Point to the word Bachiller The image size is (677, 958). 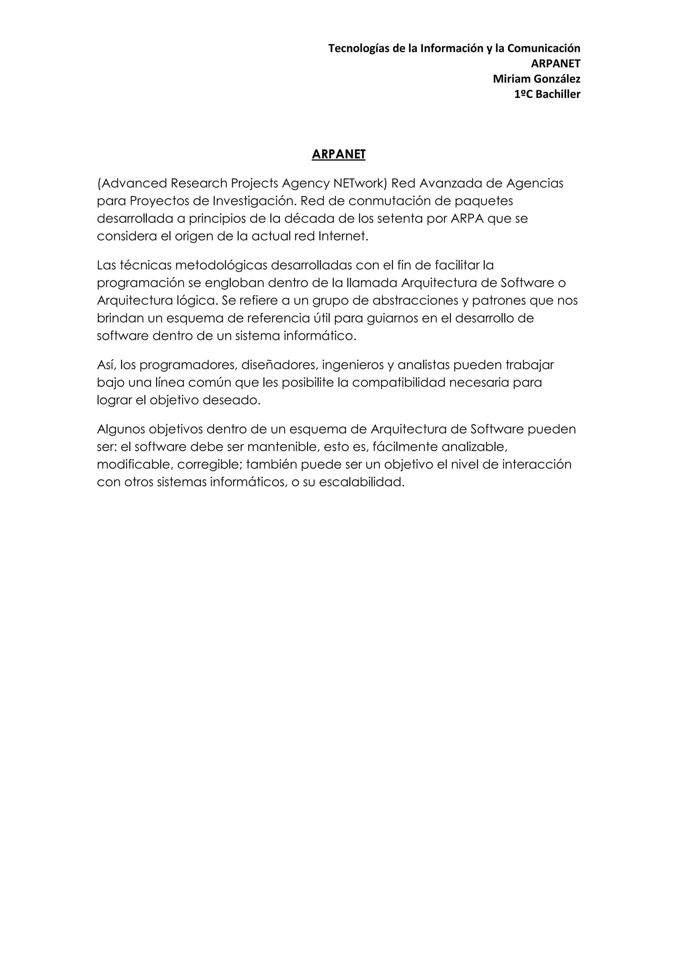pyautogui.click(x=558, y=94)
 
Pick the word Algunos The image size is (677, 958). pyautogui.click(x=121, y=429)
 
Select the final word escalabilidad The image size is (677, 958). pyautogui.click(x=361, y=482)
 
